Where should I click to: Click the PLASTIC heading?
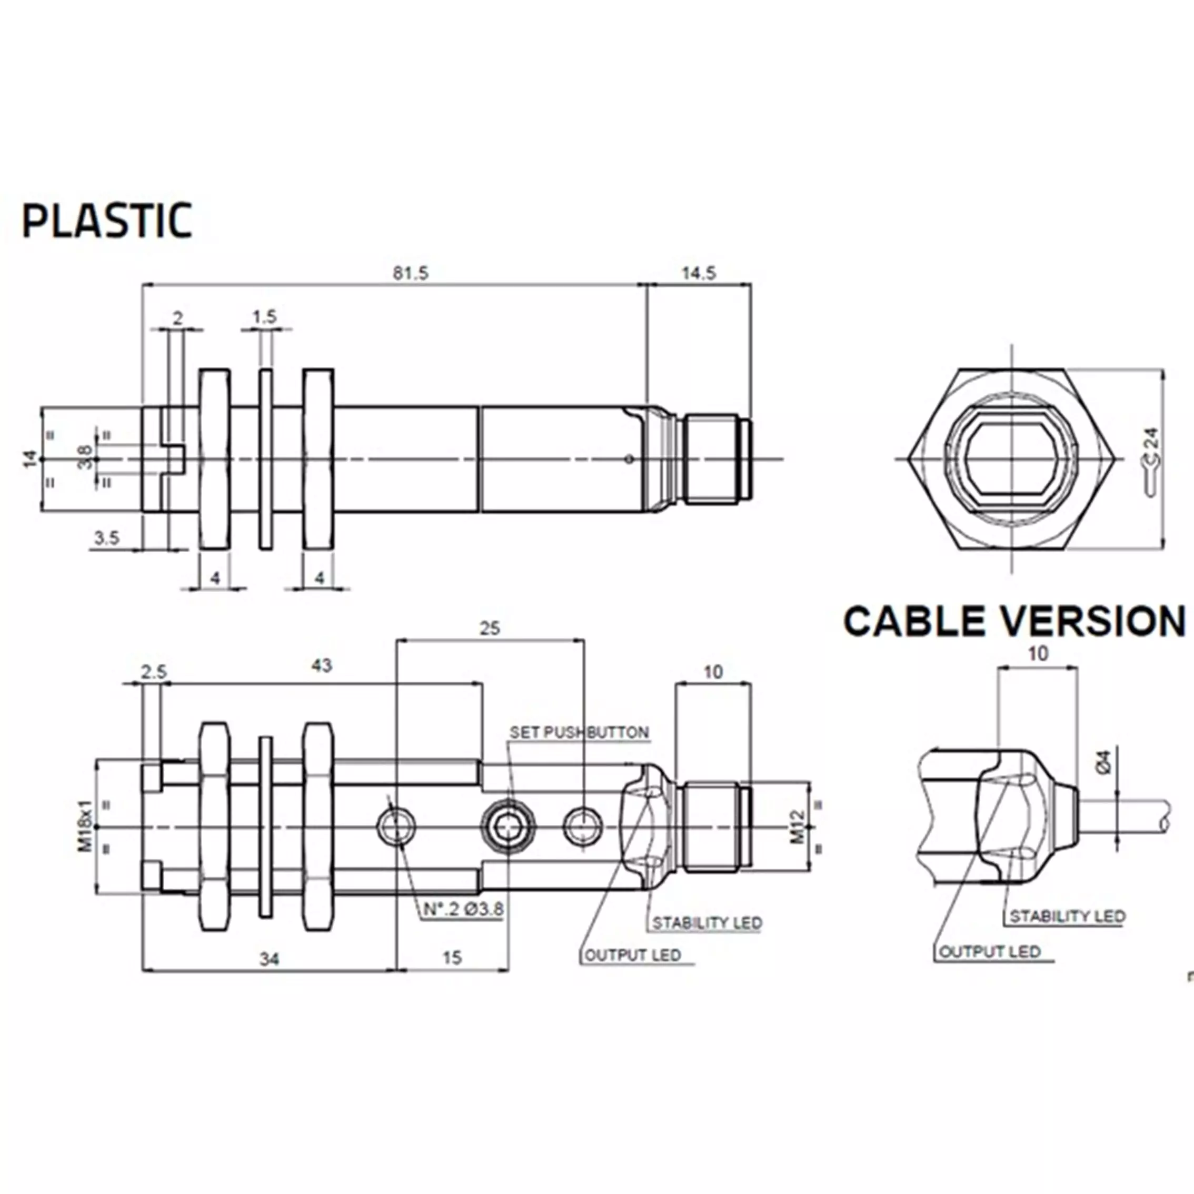point(107,221)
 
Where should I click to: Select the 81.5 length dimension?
point(410,273)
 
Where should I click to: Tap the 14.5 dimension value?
point(699,273)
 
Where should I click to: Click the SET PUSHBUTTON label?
point(579,732)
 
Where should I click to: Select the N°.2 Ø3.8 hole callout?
point(463,909)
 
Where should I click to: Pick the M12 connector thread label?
point(798,827)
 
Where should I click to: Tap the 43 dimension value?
point(321,665)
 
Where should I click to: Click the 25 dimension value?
point(490,629)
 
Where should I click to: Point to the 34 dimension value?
point(269,959)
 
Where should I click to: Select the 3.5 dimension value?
point(106,538)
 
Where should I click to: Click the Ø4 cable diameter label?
point(1104,761)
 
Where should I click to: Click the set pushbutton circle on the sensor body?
point(509,827)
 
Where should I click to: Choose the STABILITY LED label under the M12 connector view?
point(707,923)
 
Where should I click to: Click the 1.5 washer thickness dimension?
point(264,317)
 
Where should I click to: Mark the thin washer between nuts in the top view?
point(266,459)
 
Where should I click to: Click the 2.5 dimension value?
point(153,672)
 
